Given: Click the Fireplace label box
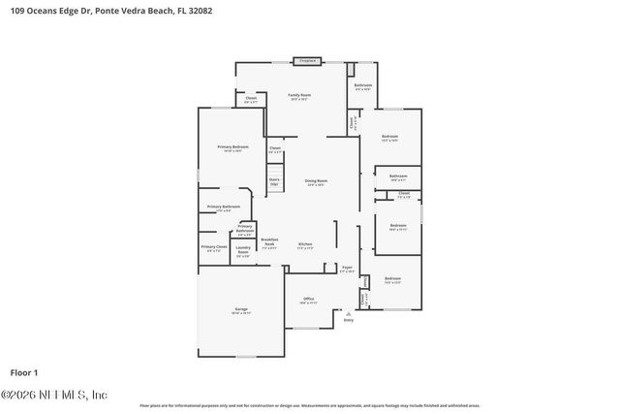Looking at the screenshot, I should click(x=308, y=61).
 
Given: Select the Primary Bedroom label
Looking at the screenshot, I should click(x=232, y=148).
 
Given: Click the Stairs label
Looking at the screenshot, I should click(x=274, y=181).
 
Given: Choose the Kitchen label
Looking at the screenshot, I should click(x=305, y=245).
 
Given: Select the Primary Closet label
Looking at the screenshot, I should click(x=214, y=249).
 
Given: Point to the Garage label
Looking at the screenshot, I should click(x=240, y=311).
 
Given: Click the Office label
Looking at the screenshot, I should click(x=308, y=300).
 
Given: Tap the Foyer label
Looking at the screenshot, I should click(x=347, y=269).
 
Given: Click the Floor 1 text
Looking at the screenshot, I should click(x=23, y=372).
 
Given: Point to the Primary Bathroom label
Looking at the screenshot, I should click(x=224, y=207).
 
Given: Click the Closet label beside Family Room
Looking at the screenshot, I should click(x=250, y=98).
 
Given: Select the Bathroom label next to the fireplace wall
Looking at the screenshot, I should click(x=363, y=86).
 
